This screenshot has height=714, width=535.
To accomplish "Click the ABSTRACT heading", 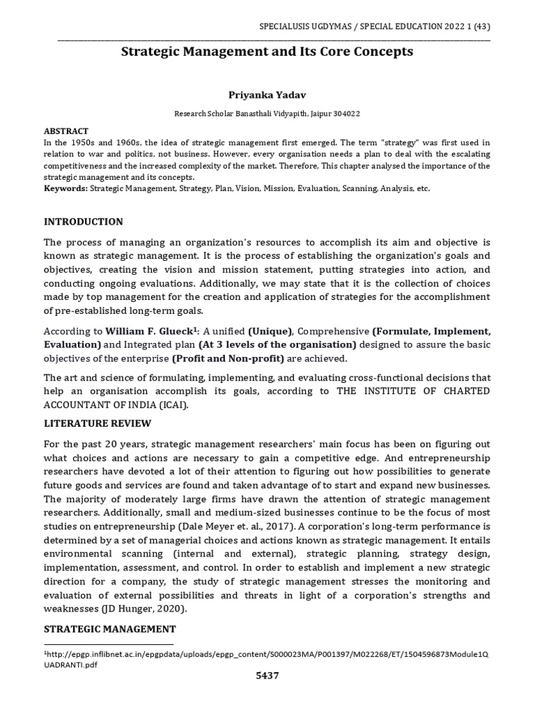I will point(66,131).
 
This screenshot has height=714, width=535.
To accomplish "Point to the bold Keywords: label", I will point(66,189).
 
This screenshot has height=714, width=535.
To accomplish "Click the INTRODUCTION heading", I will point(84,222).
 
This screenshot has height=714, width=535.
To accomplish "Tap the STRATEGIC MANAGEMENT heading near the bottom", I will point(109,629).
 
